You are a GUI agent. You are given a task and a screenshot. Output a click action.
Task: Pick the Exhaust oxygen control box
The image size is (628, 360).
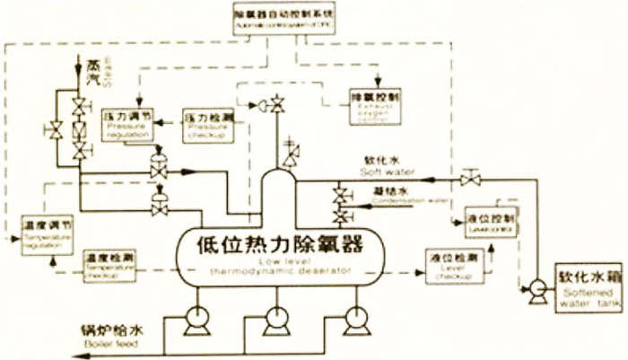tap(376, 107)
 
